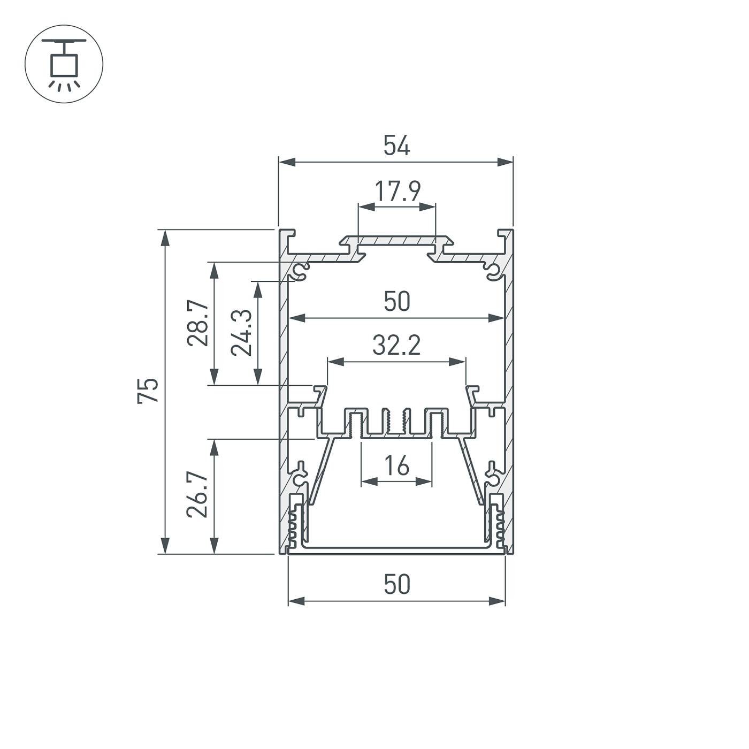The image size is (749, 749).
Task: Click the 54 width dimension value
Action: tap(396, 146)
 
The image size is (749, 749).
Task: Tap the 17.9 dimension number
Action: tap(397, 191)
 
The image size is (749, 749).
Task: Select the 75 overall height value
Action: tap(148, 391)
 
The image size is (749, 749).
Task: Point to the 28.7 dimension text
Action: tap(197, 323)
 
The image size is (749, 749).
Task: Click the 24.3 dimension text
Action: tap(241, 332)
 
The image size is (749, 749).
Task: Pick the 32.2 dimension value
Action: tap(396, 346)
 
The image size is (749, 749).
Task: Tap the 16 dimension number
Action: tap(396, 465)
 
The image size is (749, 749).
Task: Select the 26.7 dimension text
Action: tap(197, 494)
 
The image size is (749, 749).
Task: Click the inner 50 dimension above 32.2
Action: tap(396, 302)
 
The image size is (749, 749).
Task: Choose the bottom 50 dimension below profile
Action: tap(396, 584)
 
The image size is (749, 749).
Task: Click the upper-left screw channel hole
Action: tap(301, 270)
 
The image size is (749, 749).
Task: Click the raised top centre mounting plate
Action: tap(396, 241)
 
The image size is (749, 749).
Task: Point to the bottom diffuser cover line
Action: tap(396, 548)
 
